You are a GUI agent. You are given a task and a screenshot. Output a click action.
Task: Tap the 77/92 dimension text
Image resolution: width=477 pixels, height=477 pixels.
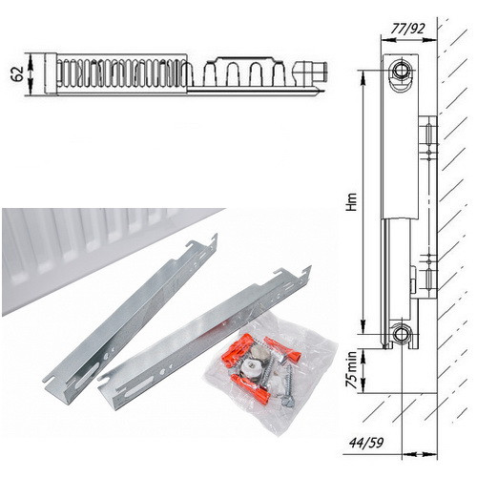[x=407, y=29]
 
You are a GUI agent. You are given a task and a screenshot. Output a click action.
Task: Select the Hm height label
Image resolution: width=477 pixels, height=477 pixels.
[x=352, y=202]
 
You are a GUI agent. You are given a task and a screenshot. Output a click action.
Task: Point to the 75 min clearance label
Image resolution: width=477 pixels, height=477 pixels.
[x=351, y=369]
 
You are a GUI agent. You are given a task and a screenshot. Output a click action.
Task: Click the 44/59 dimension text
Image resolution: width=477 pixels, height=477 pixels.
[x=366, y=443]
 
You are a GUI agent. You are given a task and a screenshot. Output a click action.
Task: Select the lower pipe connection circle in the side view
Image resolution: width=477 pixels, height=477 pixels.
[x=402, y=334]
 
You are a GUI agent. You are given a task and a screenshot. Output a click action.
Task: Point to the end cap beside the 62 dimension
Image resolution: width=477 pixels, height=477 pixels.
[x=51, y=73]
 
